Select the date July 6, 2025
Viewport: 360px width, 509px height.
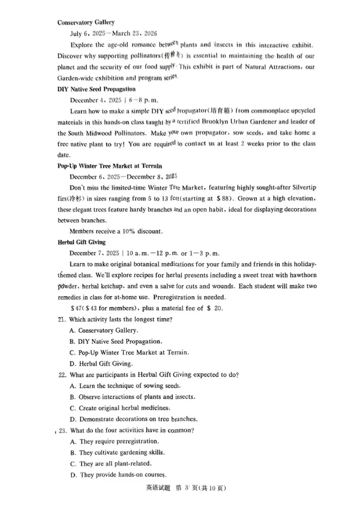(90, 33)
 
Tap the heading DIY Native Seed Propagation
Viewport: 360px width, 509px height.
(96, 89)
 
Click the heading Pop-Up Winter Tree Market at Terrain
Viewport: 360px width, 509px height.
(110, 166)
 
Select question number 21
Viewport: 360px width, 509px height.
(62, 320)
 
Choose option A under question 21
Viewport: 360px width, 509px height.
(104, 330)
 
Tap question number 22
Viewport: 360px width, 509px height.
(63, 375)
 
